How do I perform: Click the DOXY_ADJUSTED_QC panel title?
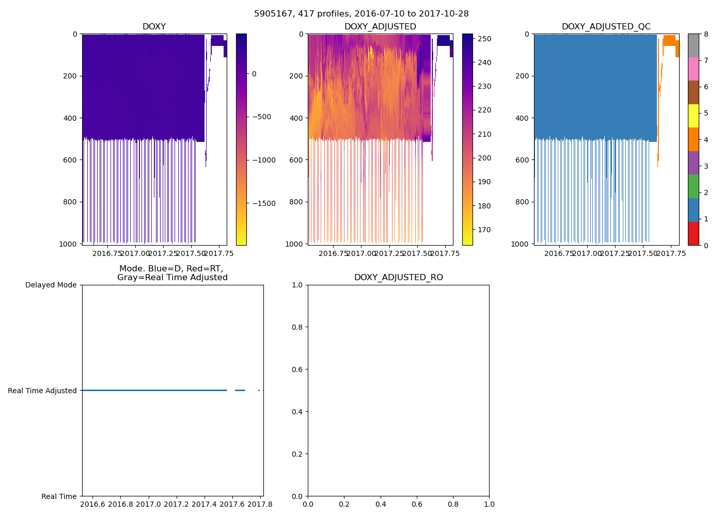click(606, 27)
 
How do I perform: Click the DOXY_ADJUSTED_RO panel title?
click(398, 278)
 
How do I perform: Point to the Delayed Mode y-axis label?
click(51, 285)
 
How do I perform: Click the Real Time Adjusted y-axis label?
click(42, 391)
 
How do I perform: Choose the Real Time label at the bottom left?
click(59, 496)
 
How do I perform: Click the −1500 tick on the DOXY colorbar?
click(263, 203)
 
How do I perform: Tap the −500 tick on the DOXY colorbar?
click(263, 117)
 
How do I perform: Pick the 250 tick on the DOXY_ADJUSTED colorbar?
click(484, 39)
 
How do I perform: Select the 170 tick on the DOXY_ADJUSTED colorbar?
click(484, 230)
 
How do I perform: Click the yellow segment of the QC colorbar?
click(693, 116)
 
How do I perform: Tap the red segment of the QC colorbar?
click(693, 233)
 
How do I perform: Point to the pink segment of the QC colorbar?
click(693, 69)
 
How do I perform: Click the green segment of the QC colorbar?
click(693, 186)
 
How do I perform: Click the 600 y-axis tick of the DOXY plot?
click(71, 160)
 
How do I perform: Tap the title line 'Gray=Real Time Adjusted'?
click(172, 278)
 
